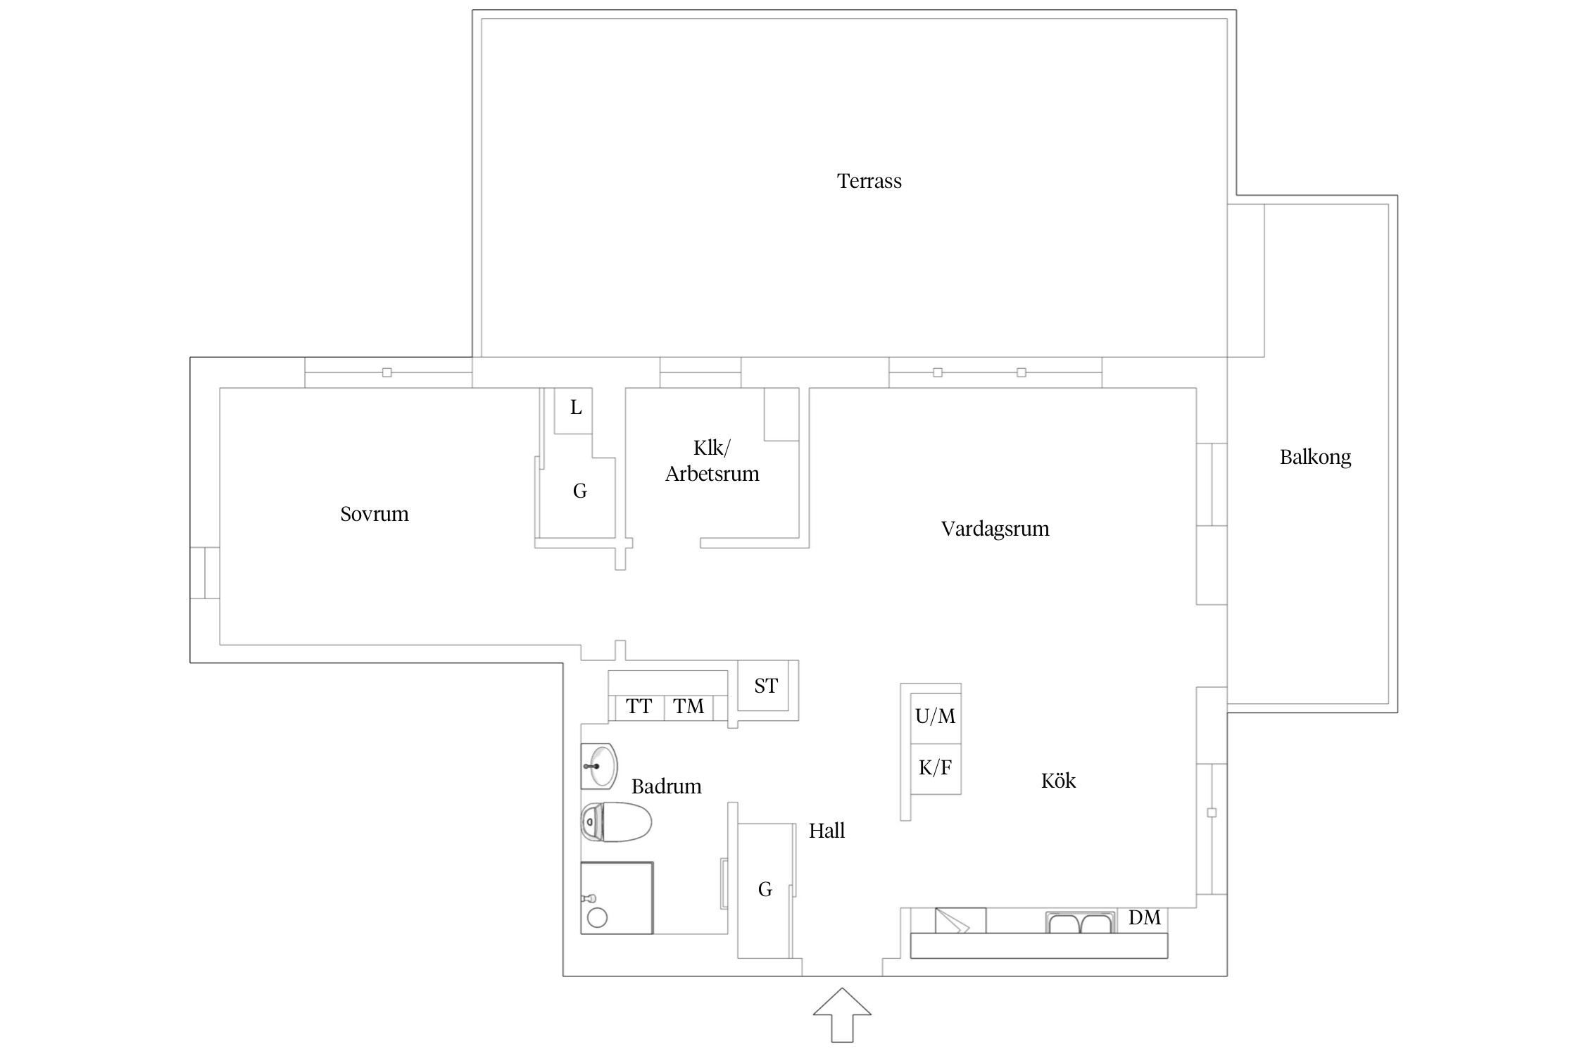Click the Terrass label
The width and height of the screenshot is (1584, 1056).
tap(869, 182)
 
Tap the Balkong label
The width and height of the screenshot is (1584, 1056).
tap(1315, 458)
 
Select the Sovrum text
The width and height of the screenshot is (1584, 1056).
tap(375, 514)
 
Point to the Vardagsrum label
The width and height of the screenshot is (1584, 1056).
tap(995, 529)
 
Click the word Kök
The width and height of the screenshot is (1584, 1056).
tap(1058, 780)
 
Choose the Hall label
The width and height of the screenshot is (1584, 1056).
tap(826, 831)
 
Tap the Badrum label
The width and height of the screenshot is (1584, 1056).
tap(666, 786)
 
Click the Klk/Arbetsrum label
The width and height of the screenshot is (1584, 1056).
tap(712, 461)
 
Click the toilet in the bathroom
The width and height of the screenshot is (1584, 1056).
tap(616, 822)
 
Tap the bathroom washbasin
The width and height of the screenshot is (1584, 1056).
tap(600, 766)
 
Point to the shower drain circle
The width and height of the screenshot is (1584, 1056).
tap(597, 917)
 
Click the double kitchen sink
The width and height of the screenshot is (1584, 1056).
tap(1081, 922)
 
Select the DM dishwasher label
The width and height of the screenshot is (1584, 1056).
tap(1144, 917)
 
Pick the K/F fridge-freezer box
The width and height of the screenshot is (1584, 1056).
tap(936, 769)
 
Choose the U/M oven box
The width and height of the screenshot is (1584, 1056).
tap(936, 716)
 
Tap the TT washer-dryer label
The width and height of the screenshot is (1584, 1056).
tap(639, 706)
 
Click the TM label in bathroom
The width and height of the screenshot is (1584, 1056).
tap(689, 706)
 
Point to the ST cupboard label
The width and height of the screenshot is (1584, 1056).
tap(766, 686)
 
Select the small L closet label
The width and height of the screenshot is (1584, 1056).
tap(576, 408)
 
